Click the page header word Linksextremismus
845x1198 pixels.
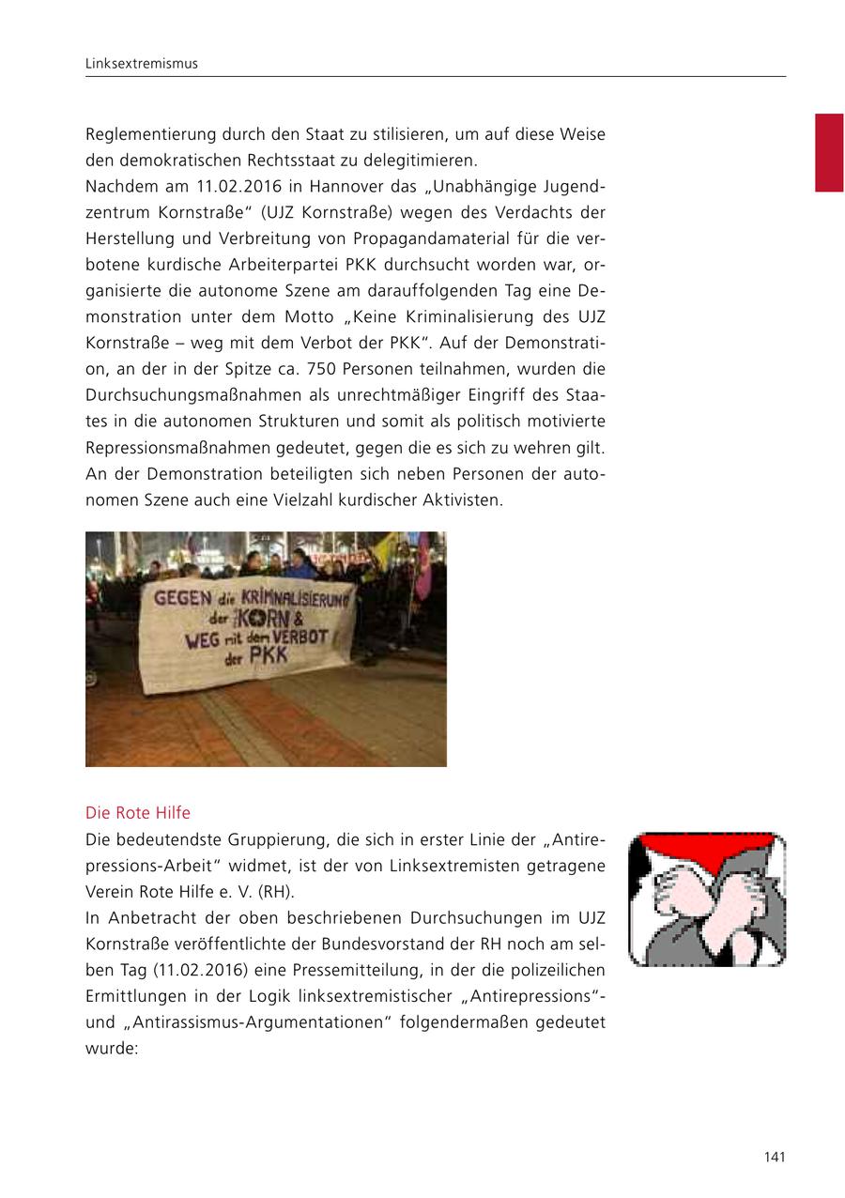pos(141,64)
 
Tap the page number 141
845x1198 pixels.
pos(774,1157)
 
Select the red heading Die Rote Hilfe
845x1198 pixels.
pos(137,812)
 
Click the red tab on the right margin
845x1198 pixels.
pos(828,152)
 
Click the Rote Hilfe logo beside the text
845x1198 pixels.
pos(706,899)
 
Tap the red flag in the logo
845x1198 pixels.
pos(706,850)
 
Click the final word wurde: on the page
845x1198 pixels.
pos(112,1047)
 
